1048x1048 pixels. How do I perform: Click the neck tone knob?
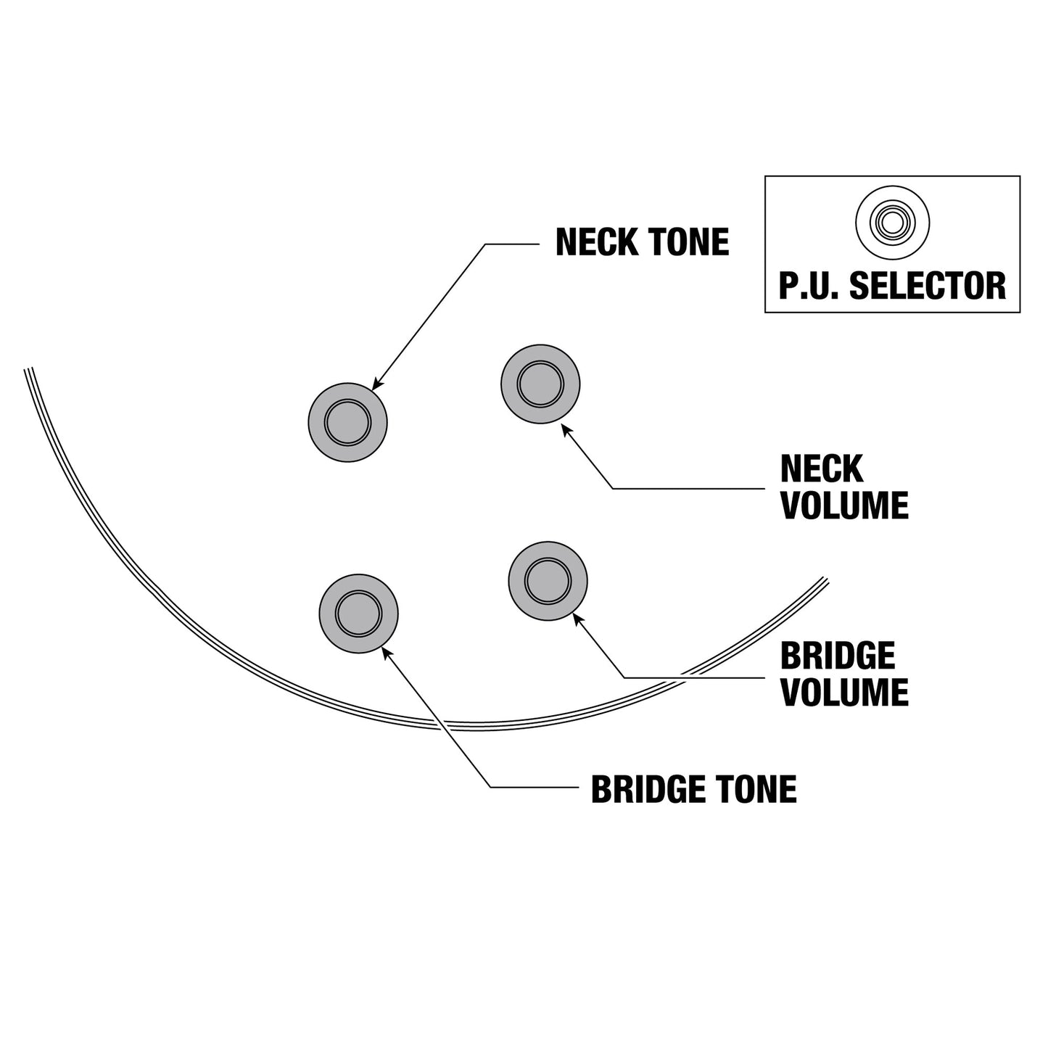click(x=347, y=423)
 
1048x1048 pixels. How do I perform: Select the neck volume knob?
click(x=540, y=384)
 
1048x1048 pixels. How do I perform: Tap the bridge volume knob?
click(x=548, y=581)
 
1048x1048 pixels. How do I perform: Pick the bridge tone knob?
click(x=358, y=614)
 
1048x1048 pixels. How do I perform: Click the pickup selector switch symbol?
click(x=892, y=223)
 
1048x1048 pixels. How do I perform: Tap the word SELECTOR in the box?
click(x=928, y=286)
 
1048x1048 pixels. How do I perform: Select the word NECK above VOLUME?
click(x=822, y=469)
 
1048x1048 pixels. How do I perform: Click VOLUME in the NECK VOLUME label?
click(x=845, y=506)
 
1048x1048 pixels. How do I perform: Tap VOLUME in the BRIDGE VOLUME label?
click(x=845, y=692)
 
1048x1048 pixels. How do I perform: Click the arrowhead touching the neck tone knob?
click(x=377, y=384)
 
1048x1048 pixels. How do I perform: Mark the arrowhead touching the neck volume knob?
click(x=566, y=429)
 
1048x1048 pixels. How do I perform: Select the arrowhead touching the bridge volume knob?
click(x=579, y=619)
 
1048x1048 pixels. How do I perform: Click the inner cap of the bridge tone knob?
click(x=358, y=614)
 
